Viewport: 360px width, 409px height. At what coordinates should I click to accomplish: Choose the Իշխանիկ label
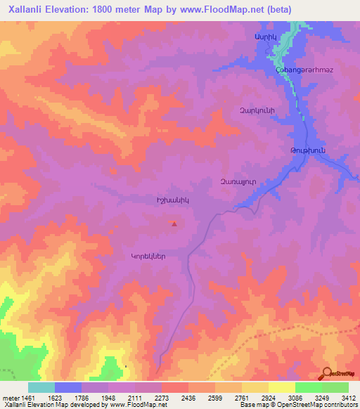point(173,200)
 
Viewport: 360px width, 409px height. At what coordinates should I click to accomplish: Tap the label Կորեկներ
point(148,257)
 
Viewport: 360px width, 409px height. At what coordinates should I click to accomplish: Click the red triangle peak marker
point(174,224)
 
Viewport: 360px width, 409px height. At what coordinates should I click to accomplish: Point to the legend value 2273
point(162,398)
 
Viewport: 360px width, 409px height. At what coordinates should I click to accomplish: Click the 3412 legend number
point(348,398)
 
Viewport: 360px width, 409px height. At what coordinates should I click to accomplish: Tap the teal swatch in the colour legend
point(41,387)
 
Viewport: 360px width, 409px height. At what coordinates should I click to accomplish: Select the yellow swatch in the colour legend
point(281,387)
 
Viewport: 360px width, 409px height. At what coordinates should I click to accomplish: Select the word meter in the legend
point(11,398)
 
